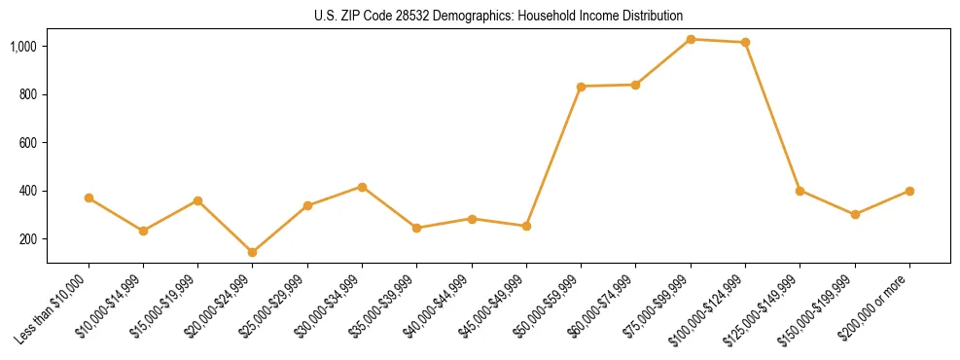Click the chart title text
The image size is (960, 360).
tap(498, 16)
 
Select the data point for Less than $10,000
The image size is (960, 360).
tap(89, 198)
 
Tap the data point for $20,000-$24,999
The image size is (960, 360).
tap(253, 252)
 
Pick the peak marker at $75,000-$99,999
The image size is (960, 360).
tap(691, 39)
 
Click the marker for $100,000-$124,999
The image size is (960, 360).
tap(745, 42)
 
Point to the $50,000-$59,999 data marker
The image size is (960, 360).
tap(581, 87)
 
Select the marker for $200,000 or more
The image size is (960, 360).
tap(909, 191)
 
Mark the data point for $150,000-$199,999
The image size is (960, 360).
tap(855, 214)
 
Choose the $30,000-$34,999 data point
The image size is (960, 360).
tap(362, 187)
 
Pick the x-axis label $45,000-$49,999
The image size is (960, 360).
tap(491, 308)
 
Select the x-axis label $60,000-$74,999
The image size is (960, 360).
tap(600, 308)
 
